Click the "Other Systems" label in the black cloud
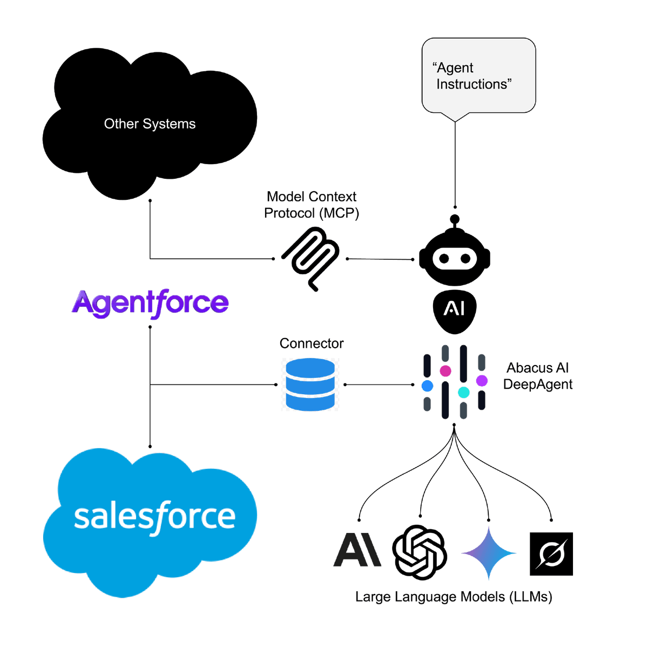pos(150,124)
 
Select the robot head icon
pos(455,258)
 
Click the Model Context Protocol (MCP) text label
pos(312,205)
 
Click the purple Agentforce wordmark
pos(151,302)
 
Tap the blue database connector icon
pos(310,384)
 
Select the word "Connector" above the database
pos(312,343)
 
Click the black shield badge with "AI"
pos(455,308)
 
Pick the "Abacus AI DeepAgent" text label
pos(538,376)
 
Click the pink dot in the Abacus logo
pos(446,370)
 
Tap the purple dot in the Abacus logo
pos(482,381)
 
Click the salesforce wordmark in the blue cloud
pos(154,517)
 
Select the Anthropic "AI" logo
pos(356,550)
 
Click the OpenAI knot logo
pos(420,552)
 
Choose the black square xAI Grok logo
pos(551,553)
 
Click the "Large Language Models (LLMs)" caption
pos(454,597)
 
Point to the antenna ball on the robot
pos(455,219)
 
